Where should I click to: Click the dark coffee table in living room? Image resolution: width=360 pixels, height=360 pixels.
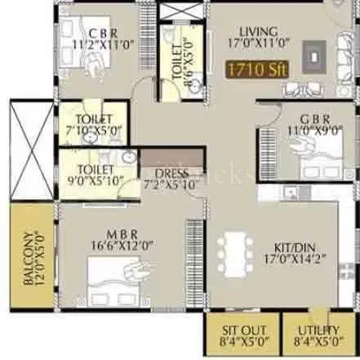click(x=315, y=54)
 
